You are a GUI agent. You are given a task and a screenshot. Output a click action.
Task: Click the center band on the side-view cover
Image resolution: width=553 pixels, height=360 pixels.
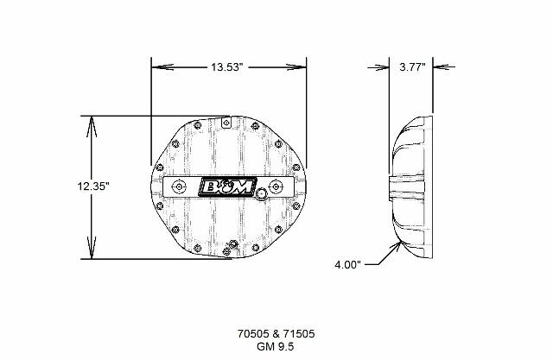(x=409, y=186)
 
